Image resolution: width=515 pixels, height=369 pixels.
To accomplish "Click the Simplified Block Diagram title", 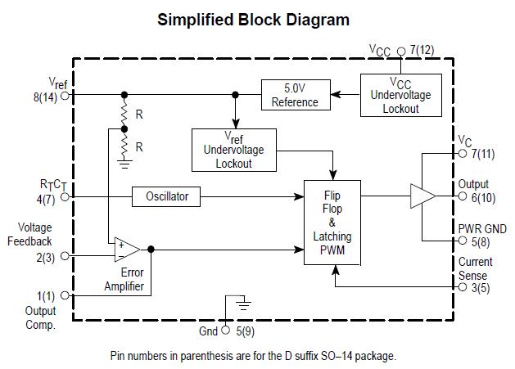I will tap(253, 20).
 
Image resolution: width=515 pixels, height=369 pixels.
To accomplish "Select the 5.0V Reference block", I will tap(295, 96).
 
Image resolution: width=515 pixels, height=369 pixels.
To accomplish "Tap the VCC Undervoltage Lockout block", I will tap(400, 96).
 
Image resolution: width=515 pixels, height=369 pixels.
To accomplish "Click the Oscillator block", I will tap(167, 196).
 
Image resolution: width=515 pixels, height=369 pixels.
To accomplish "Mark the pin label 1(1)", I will tap(47, 295).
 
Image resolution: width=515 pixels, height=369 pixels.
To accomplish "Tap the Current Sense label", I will tap(476, 268).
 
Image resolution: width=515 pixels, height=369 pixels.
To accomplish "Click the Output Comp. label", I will tap(39, 317).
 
